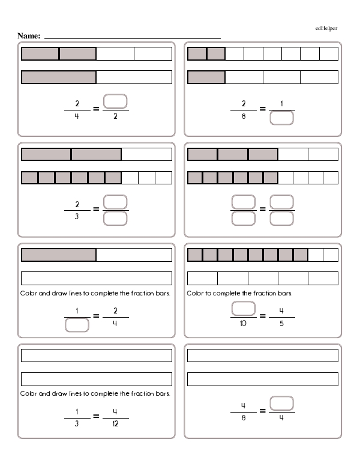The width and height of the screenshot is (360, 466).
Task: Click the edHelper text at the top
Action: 326,29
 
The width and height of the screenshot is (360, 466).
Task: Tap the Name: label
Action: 29,36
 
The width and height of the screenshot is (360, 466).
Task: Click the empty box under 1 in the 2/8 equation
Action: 281,118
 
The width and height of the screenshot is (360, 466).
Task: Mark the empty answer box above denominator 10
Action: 243,309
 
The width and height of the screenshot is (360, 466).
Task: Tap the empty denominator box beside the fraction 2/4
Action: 77,325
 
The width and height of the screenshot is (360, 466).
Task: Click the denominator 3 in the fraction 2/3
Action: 77,217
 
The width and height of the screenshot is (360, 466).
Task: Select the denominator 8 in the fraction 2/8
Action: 243,116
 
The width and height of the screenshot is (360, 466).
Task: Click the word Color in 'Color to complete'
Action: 194,294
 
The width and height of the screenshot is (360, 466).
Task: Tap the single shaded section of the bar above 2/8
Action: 206,77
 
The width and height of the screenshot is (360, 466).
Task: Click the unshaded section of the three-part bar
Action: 146,154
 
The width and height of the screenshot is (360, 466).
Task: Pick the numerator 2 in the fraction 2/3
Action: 77,204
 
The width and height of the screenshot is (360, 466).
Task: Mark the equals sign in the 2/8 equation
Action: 262,109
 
